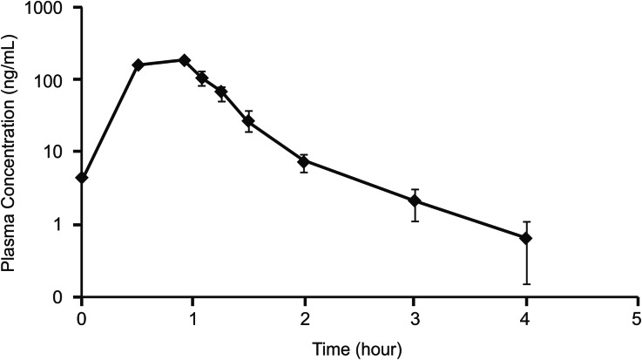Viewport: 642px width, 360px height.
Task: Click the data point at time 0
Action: pos(82,177)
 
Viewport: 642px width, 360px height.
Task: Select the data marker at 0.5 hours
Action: pos(138,65)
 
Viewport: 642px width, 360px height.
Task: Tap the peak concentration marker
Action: pos(185,60)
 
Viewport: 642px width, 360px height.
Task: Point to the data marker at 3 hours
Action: pos(416,201)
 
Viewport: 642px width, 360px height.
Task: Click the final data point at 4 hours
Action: pos(526,238)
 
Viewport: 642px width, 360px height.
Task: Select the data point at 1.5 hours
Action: pos(249,121)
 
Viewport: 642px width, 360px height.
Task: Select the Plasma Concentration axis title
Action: pos(10,153)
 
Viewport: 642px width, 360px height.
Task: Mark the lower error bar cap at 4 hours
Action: pos(526,283)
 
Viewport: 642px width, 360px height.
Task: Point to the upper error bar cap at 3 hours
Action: pos(416,189)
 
